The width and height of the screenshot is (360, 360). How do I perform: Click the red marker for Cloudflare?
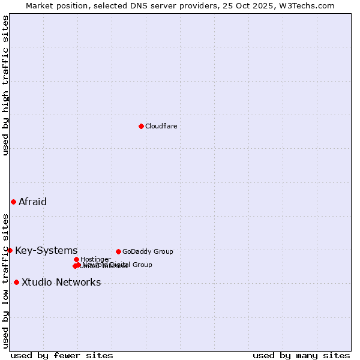click(x=141, y=126)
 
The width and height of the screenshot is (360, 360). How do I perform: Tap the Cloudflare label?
click(x=161, y=126)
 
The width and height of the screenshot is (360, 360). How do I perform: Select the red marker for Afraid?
click(x=13, y=202)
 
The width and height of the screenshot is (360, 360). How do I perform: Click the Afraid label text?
click(x=32, y=202)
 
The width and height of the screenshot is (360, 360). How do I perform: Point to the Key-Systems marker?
click(x=10, y=250)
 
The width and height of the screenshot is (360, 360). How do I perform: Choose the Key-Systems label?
click(x=46, y=250)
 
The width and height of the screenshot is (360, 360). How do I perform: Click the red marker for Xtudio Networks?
click(x=16, y=282)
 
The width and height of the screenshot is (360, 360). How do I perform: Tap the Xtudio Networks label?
click(x=61, y=282)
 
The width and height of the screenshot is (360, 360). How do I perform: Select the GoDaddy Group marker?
click(x=118, y=251)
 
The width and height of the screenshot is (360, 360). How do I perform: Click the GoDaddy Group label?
click(x=148, y=251)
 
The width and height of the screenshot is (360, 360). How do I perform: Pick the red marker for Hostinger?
click(x=76, y=259)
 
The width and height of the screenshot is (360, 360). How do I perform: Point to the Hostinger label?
click(x=95, y=259)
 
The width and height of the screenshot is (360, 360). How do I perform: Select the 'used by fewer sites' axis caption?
click(x=62, y=355)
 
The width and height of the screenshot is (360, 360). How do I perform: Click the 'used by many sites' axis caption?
click(x=301, y=355)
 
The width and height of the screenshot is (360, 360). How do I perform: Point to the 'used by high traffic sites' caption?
click(x=5, y=85)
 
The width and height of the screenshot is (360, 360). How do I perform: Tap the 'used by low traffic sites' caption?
click(x=5, y=280)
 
